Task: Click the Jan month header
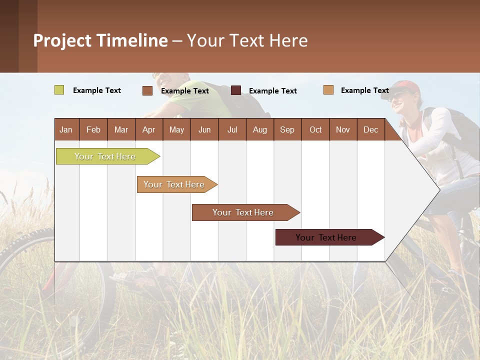click(x=66, y=129)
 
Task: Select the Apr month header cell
click(x=149, y=129)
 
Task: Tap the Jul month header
click(x=232, y=129)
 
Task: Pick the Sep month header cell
click(x=287, y=129)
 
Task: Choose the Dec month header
click(x=370, y=129)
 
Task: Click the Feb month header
click(x=93, y=129)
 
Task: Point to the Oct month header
click(x=315, y=129)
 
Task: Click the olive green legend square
click(x=59, y=90)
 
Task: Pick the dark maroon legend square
click(x=236, y=90)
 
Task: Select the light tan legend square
click(x=328, y=90)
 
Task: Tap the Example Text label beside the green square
click(x=97, y=90)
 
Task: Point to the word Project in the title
click(x=62, y=40)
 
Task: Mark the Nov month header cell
click(x=343, y=129)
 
